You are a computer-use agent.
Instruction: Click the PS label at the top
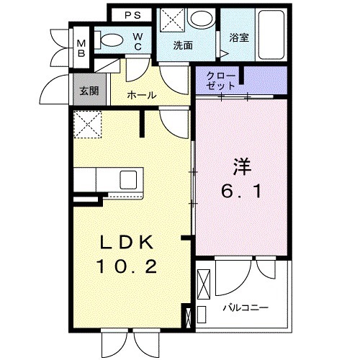(132, 14)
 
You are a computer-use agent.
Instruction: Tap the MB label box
(81, 47)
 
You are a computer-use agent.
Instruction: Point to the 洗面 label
(183, 45)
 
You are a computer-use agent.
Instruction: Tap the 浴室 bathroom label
(239, 37)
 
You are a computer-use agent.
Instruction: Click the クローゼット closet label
(218, 79)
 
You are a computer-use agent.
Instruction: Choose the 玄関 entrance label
(89, 91)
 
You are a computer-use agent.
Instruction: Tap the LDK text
(132, 242)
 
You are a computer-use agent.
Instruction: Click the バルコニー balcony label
(244, 307)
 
